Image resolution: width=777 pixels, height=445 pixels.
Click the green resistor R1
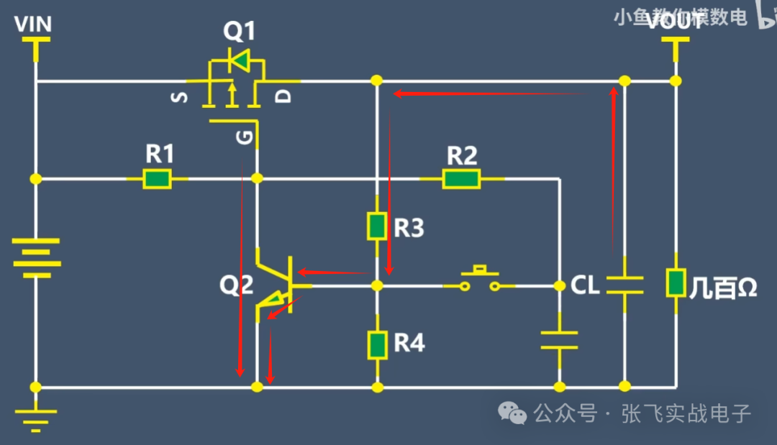click(x=157, y=178)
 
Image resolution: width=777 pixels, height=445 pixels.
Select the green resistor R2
click(x=461, y=178)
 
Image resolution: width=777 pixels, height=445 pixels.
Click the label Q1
click(x=240, y=32)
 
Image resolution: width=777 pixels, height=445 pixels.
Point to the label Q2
click(x=237, y=285)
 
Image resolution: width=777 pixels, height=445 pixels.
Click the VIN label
click(x=34, y=24)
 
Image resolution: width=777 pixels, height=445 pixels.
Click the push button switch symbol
click(x=478, y=280)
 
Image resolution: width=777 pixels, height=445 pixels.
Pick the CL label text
click(x=585, y=286)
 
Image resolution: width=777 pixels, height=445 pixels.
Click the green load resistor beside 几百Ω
click(x=676, y=283)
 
